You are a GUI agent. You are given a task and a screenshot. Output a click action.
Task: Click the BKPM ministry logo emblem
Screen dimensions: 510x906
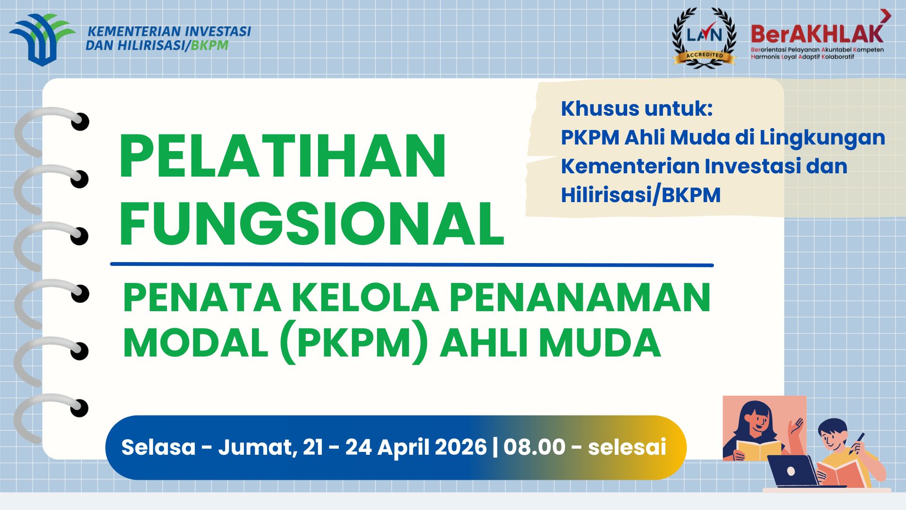tap(42, 39)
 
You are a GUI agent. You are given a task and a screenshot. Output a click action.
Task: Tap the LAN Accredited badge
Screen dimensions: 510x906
tap(704, 38)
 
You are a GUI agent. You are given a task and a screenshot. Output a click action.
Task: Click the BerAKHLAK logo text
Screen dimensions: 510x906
tap(817, 33)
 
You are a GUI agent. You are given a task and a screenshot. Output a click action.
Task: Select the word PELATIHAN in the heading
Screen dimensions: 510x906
tap(282, 156)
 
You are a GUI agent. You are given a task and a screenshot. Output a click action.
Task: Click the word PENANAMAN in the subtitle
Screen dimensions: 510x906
tap(580, 298)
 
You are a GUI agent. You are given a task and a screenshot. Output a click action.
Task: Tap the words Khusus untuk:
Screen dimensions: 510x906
tap(637, 109)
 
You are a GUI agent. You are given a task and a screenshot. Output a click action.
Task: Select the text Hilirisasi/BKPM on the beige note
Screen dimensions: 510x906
tap(640, 195)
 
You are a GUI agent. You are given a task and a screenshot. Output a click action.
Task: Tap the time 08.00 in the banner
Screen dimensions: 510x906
tap(534, 447)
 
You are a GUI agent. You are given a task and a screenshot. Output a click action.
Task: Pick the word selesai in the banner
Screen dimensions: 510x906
tap(627, 447)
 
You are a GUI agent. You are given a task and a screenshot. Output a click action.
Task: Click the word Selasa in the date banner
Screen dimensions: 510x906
tap(158, 447)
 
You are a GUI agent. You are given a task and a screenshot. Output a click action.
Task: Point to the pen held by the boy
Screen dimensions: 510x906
tap(857, 442)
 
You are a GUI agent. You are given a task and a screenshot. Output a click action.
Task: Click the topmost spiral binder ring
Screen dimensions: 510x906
tap(52, 127)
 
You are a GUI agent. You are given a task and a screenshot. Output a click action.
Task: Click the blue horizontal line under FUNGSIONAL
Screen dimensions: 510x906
tap(411, 264)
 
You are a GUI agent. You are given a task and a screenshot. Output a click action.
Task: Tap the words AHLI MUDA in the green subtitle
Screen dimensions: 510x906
tap(550, 343)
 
